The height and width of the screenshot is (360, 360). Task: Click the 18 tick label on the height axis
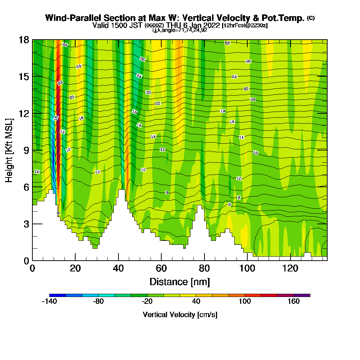(x=24, y=40)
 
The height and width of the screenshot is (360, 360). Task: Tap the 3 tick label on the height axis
(x=26, y=224)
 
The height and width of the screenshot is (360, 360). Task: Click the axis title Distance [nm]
(x=180, y=282)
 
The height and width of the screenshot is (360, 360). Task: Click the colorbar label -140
(x=49, y=302)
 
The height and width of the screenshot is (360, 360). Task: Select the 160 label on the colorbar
(x=294, y=302)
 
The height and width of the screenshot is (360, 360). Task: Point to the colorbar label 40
(x=196, y=302)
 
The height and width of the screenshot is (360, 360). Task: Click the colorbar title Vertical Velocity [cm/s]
(x=180, y=315)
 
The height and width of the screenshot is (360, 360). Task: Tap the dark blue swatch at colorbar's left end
(x=57, y=295)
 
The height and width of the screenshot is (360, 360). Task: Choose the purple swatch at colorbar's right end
(x=302, y=295)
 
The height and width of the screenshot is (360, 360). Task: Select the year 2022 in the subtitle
(x=211, y=25)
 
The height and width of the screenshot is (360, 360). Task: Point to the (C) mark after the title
(x=311, y=18)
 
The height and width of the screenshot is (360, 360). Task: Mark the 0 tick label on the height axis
(x=26, y=261)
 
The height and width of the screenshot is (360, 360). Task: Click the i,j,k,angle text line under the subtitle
(x=180, y=30)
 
